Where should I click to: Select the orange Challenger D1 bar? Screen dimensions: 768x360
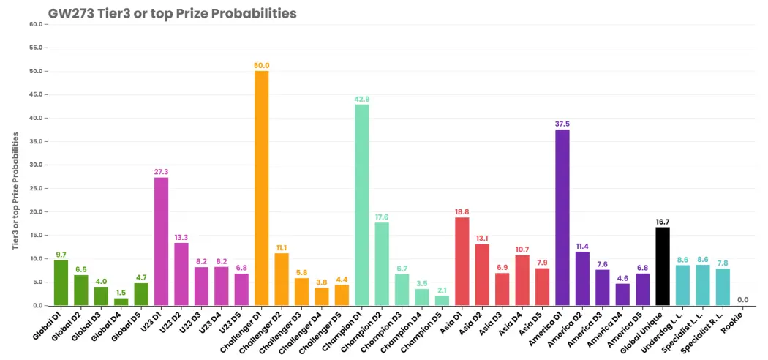click(262, 188)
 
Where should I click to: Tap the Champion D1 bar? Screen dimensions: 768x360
click(362, 205)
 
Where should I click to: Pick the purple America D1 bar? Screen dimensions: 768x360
click(562, 217)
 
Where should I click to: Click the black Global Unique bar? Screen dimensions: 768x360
click(663, 266)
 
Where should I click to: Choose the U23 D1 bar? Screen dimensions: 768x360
click(161, 241)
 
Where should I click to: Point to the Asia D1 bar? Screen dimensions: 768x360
click(462, 261)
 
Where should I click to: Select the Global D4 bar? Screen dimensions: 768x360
click(121, 301)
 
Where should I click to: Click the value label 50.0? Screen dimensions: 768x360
click(262, 66)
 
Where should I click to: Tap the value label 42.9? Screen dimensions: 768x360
click(362, 99)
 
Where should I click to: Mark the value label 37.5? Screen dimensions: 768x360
click(562, 124)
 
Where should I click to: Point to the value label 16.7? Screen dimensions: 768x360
click(663, 222)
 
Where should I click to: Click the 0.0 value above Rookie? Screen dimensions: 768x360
click(742, 300)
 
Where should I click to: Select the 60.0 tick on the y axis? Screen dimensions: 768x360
click(37, 24)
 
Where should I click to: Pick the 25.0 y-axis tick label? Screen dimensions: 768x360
click(37, 188)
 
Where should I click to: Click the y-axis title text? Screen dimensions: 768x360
click(15, 191)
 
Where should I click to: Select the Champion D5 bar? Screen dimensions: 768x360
click(442, 300)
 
